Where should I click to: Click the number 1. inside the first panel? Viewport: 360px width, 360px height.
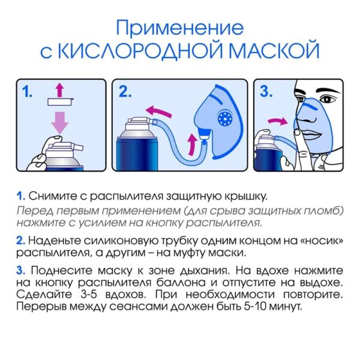click(27, 91)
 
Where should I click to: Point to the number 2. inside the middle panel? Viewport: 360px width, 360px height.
click(125, 91)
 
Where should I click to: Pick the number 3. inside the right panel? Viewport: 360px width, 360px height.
click(266, 91)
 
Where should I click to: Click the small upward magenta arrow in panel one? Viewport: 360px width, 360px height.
click(60, 90)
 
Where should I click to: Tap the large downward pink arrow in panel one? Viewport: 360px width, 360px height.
click(60, 122)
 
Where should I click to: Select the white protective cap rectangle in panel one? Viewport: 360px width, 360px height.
click(61, 101)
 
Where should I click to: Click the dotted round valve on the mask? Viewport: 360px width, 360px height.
click(225, 118)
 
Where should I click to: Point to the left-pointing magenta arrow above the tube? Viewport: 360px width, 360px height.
click(159, 111)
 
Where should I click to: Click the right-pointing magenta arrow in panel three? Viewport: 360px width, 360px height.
click(278, 121)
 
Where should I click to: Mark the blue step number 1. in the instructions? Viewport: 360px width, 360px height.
click(20, 196)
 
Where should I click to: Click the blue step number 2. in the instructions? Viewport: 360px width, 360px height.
click(20, 241)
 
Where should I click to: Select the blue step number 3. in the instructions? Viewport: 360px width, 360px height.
click(20, 271)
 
